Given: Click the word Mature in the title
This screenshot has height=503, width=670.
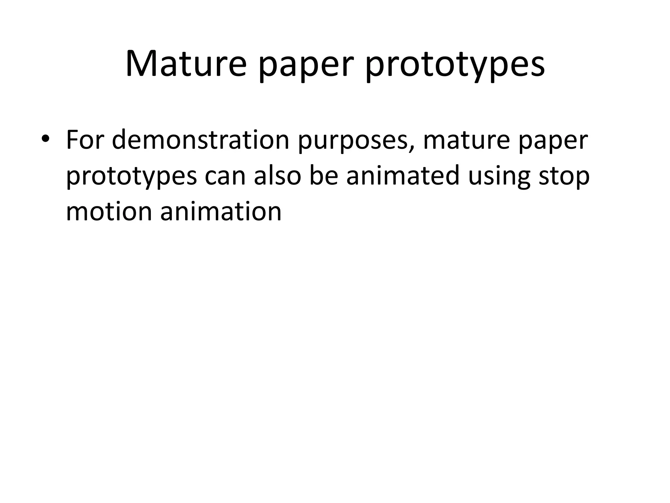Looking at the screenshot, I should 185,64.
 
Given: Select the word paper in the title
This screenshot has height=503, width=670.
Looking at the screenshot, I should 306,67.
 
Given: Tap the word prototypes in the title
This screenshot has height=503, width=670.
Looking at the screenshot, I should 455,67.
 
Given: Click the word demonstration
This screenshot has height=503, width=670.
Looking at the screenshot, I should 201,140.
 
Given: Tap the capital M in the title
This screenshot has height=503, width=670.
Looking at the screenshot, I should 141,64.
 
